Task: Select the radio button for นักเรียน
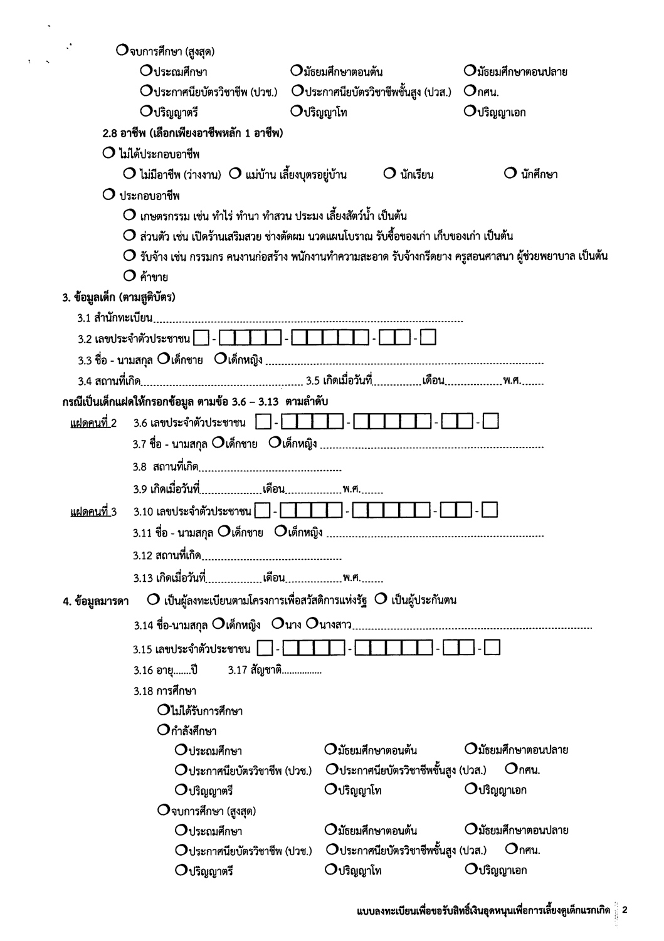(x=389, y=174)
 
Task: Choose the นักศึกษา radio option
(x=510, y=174)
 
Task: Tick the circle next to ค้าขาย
(x=130, y=275)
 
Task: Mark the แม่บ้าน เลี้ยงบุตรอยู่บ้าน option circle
(x=235, y=174)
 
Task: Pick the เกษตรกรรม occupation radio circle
(x=130, y=216)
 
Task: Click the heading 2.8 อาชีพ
(x=192, y=133)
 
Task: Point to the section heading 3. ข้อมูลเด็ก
(x=119, y=297)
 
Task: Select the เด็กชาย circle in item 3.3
(x=163, y=359)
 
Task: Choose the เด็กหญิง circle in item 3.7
(x=274, y=443)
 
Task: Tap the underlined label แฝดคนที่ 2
(x=93, y=423)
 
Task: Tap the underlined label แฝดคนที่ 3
(x=93, y=512)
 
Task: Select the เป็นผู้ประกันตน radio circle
(x=381, y=599)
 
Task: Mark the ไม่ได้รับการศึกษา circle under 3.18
(x=163, y=710)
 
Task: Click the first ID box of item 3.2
(x=201, y=339)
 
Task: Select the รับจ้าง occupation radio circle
(x=130, y=256)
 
